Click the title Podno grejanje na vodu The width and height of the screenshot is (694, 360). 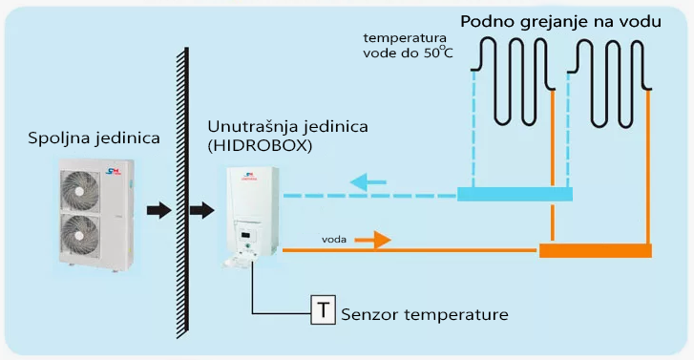(x=560, y=22)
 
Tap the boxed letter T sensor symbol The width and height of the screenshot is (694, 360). (x=323, y=310)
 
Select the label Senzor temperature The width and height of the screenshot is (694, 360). (x=425, y=314)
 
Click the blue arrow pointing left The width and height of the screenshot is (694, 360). (x=368, y=182)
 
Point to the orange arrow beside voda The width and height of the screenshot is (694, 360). (x=372, y=240)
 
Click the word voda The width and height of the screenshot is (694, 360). (x=334, y=240)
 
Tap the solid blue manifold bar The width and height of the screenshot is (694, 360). (x=515, y=194)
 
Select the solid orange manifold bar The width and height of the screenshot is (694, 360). (x=596, y=250)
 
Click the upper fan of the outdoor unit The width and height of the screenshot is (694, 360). (x=80, y=191)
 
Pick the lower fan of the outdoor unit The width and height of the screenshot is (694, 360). (x=80, y=236)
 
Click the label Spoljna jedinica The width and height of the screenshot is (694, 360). (x=94, y=138)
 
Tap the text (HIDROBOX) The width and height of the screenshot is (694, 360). (x=260, y=146)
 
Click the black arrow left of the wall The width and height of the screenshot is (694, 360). (x=158, y=210)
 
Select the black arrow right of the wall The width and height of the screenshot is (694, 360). (x=201, y=210)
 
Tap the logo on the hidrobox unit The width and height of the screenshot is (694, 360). (x=249, y=177)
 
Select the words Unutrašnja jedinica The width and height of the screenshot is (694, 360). (x=287, y=127)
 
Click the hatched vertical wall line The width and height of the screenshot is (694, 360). (x=182, y=193)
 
